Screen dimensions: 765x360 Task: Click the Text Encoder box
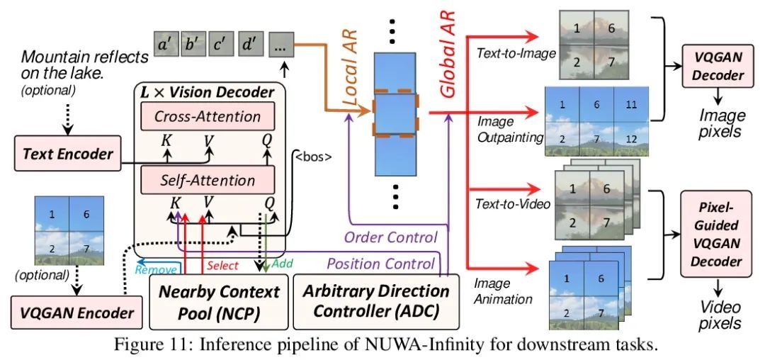coord(68,154)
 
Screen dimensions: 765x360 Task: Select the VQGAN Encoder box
coord(76,313)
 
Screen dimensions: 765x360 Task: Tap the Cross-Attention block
coord(208,117)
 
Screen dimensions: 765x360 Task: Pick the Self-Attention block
coord(208,181)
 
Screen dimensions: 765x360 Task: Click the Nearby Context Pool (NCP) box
coord(219,301)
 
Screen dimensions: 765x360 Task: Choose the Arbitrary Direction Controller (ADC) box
coord(375,301)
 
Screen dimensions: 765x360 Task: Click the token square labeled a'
coord(166,44)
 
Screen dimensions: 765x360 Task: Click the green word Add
coord(281,264)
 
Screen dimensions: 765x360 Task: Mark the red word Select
coord(222,265)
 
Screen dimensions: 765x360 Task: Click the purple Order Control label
coord(390,237)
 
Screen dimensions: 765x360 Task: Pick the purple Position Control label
coord(380,264)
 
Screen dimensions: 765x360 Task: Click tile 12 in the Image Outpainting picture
coord(631,139)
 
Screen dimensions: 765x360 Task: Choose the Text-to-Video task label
coord(513,203)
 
